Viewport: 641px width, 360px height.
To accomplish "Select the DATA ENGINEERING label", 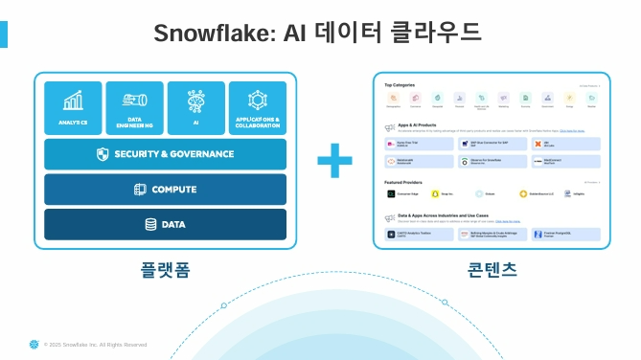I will click(x=135, y=122).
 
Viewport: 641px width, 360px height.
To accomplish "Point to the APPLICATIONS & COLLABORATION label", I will click(x=258, y=122).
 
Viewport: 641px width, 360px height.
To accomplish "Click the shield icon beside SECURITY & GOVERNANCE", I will click(x=103, y=154).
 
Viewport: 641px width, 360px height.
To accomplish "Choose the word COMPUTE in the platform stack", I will click(x=173, y=190).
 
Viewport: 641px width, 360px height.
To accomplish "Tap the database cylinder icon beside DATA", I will click(x=150, y=224).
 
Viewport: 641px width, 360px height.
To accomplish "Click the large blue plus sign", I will click(x=334, y=160).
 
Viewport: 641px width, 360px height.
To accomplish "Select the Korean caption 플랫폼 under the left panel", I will click(x=165, y=269).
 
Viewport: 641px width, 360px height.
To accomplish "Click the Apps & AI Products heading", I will click(x=417, y=125).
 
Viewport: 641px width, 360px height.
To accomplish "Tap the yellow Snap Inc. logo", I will click(x=435, y=193).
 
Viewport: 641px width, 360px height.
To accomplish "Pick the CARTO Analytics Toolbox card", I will click(x=420, y=234).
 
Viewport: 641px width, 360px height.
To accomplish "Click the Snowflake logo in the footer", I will click(x=34, y=344).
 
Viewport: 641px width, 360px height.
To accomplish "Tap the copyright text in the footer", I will click(x=96, y=345).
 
